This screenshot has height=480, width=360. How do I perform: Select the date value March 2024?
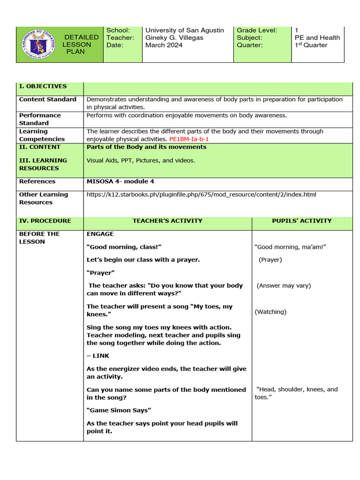pyautogui.click(x=163, y=45)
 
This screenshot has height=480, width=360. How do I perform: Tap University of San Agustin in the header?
pyautogui.click(x=185, y=30)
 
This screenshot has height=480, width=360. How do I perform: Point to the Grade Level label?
pyautogui.click(x=257, y=30)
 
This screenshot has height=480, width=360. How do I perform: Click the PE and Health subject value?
pyautogui.click(x=317, y=37)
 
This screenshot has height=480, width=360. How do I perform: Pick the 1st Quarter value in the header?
pyautogui.click(x=311, y=45)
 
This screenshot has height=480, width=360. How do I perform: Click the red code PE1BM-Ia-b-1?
pyautogui.click(x=189, y=139)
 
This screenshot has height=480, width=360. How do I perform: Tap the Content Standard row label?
pyautogui.click(x=47, y=99)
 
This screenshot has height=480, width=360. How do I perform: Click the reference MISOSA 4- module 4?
pyautogui.click(x=120, y=181)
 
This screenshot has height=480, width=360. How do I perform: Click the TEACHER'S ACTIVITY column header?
pyautogui.click(x=167, y=221)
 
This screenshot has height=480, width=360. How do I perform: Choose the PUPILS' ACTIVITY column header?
pyautogui.click(x=301, y=221)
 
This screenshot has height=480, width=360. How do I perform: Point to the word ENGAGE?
pyautogui.click(x=100, y=234)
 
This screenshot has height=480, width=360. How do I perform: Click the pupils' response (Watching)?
pyautogui.click(x=270, y=312)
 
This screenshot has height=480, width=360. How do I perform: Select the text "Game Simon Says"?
pyautogui.click(x=119, y=410)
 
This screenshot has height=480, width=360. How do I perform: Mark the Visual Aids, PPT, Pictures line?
pyautogui.click(x=141, y=160)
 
